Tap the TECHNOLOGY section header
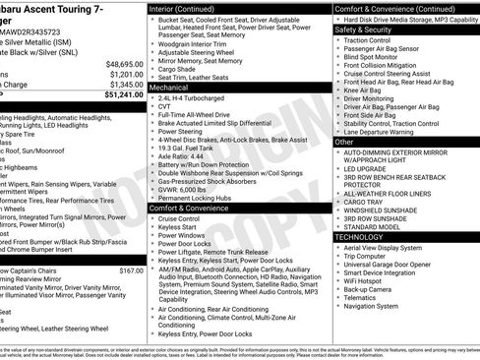pos(365,237)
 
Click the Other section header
pos(344,142)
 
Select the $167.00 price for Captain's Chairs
pos(131,270)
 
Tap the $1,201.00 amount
pos(126,74)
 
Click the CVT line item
pos(164,107)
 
